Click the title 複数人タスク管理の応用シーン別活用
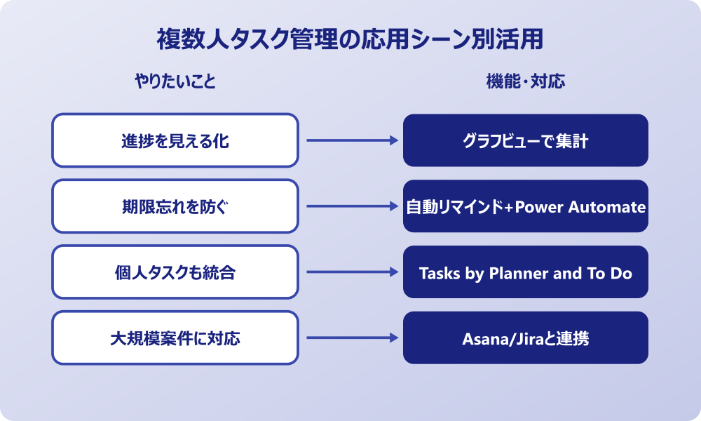click(x=350, y=40)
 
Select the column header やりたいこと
click(x=175, y=82)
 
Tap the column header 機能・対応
click(x=526, y=82)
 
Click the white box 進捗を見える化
click(x=175, y=141)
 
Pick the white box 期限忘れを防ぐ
click(x=175, y=207)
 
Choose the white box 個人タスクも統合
click(x=175, y=272)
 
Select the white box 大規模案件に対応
click(x=175, y=338)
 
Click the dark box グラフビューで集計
click(x=526, y=141)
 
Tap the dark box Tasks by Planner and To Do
click(x=526, y=273)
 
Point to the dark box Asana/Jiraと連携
click(x=526, y=338)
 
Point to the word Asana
click(x=480, y=339)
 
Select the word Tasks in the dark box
click(x=439, y=273)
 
